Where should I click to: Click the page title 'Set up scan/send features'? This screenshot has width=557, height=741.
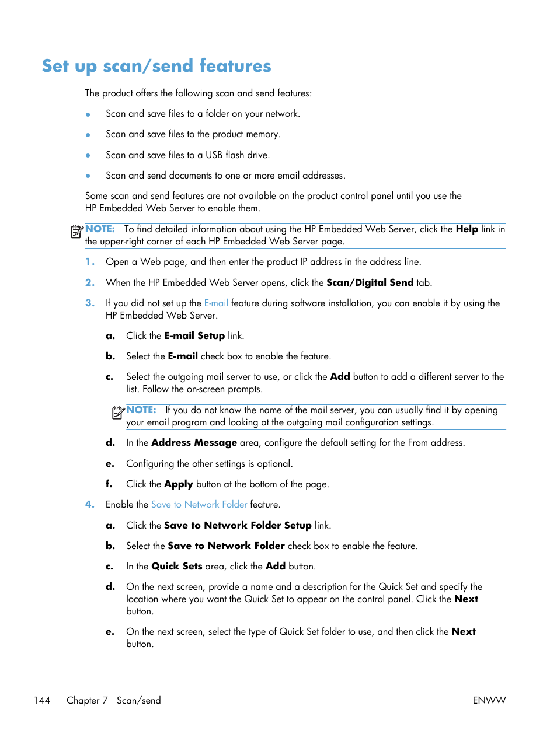click(x=156, y=66)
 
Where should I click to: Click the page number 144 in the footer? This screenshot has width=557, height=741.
click(x=42, y=700)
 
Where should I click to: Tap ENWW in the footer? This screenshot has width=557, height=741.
click(x=489, y=700)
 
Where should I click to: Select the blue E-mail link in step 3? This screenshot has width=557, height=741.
click(x=216, y=303)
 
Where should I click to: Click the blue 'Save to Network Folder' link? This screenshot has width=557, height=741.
click(x=199, y=505)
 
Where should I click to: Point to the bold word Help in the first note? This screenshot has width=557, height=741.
click(x=467, y=229)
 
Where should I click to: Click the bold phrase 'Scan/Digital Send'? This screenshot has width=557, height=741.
click(x=370, y=283)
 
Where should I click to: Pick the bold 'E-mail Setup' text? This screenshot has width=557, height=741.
click(x=194, y=336)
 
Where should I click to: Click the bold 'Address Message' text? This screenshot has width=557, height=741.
click(x=194, y=443)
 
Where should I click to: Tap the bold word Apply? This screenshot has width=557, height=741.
click(x=178, y=484)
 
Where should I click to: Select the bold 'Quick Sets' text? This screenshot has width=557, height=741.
click(x=176, y=567)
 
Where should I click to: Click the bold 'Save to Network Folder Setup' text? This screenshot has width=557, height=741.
click(x=238, y=526)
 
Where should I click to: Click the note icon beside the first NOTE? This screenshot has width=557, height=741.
click(x=77, y=232)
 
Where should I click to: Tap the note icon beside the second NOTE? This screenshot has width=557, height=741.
click(x=118, y=413)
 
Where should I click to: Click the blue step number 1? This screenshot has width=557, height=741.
click(x=89, y=262)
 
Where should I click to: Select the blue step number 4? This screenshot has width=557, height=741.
click(x=89, y=505)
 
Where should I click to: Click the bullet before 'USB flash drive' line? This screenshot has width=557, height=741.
click(x=88, y=156)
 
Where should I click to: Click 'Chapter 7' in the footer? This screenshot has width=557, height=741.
click(x=87, y=700)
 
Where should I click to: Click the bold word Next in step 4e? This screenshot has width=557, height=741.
click(x=464, y=632)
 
